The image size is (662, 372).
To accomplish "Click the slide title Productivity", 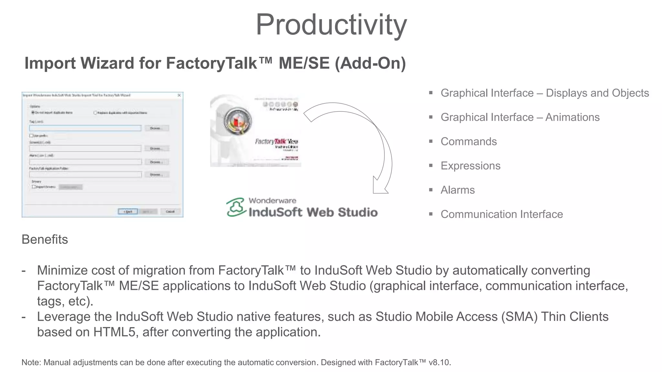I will [331, 25].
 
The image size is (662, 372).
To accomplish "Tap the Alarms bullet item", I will [457, 190].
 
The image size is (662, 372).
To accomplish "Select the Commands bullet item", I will [468, 141].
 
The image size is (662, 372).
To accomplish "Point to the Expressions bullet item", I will [470, 166].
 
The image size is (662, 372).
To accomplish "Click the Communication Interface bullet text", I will [501, 214].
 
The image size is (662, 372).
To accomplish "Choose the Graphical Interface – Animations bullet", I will [520, 117].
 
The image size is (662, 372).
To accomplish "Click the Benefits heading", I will [45, 240].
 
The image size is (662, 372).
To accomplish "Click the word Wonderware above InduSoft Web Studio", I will [272, 201].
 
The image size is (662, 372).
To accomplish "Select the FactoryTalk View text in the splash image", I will [276, 141].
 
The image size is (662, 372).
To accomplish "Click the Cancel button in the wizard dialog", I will [170, 212].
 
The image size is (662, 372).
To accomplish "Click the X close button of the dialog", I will [179, 95].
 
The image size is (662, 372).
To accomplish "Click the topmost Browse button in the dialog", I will [156, 128].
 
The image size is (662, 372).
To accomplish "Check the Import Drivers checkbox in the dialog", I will [34, 187].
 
